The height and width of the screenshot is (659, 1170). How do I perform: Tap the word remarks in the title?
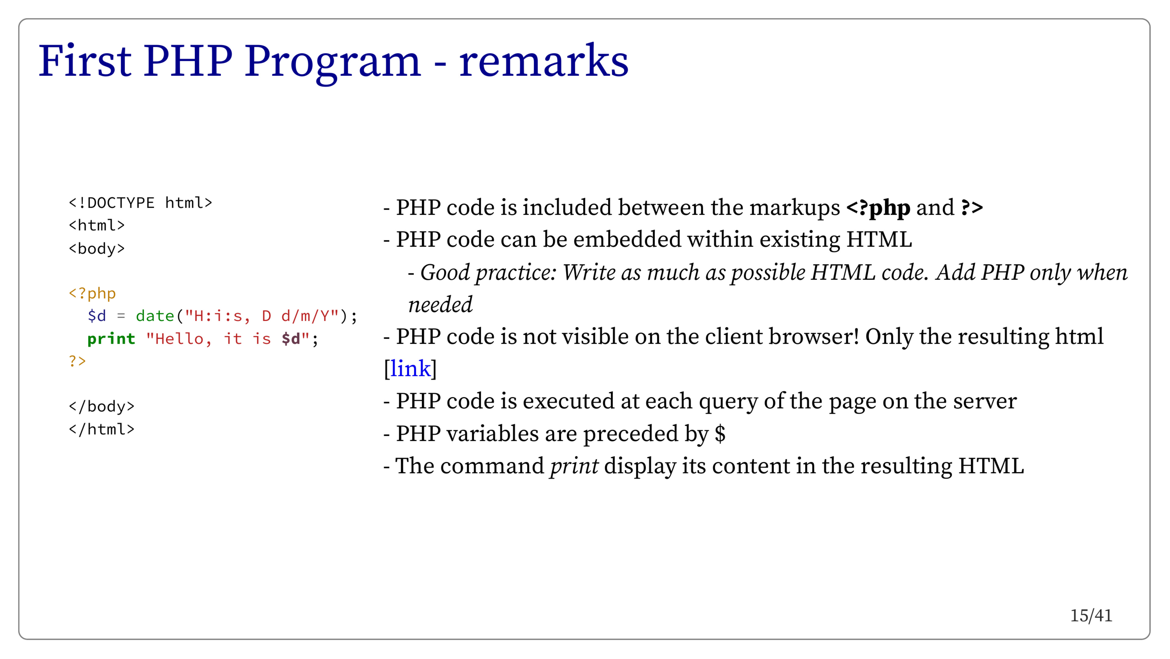click(544, 60)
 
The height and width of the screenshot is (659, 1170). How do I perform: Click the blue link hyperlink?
click(410, 368)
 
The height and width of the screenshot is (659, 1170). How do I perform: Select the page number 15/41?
click(1091, 615)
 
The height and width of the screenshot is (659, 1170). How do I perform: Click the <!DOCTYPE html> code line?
click(140, 203)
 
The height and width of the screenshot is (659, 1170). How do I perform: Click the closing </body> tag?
click(102, 406)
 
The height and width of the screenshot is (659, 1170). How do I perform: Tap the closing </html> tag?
click(102, 429)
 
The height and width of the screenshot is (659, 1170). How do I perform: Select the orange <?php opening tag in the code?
click(92, 294)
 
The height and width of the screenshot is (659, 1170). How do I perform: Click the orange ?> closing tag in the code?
click(77, 361)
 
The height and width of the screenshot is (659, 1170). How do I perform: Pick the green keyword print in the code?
click(111, 339)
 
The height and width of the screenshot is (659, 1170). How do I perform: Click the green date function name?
click(155, 316)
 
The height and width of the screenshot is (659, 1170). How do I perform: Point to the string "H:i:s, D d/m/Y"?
click(262, 316)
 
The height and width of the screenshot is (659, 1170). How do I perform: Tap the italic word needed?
click(440, 304)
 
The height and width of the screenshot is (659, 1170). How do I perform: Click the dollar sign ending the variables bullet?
click(720, 433)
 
